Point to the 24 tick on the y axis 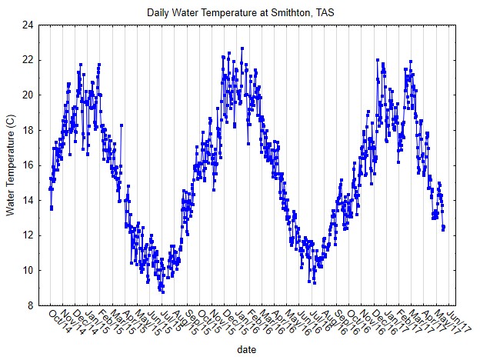pos(27,25)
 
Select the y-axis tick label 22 pos(27,60)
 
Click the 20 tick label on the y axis pos(27,95)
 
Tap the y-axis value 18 pos(27,130)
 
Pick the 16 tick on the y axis pos(27,165)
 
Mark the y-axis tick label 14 pos(27,200)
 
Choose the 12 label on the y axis pos(27,235)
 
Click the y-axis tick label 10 pos(27,270)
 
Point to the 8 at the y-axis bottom pos(30,305)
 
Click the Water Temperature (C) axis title pos(10,165)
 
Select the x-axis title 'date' pos(247,348)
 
